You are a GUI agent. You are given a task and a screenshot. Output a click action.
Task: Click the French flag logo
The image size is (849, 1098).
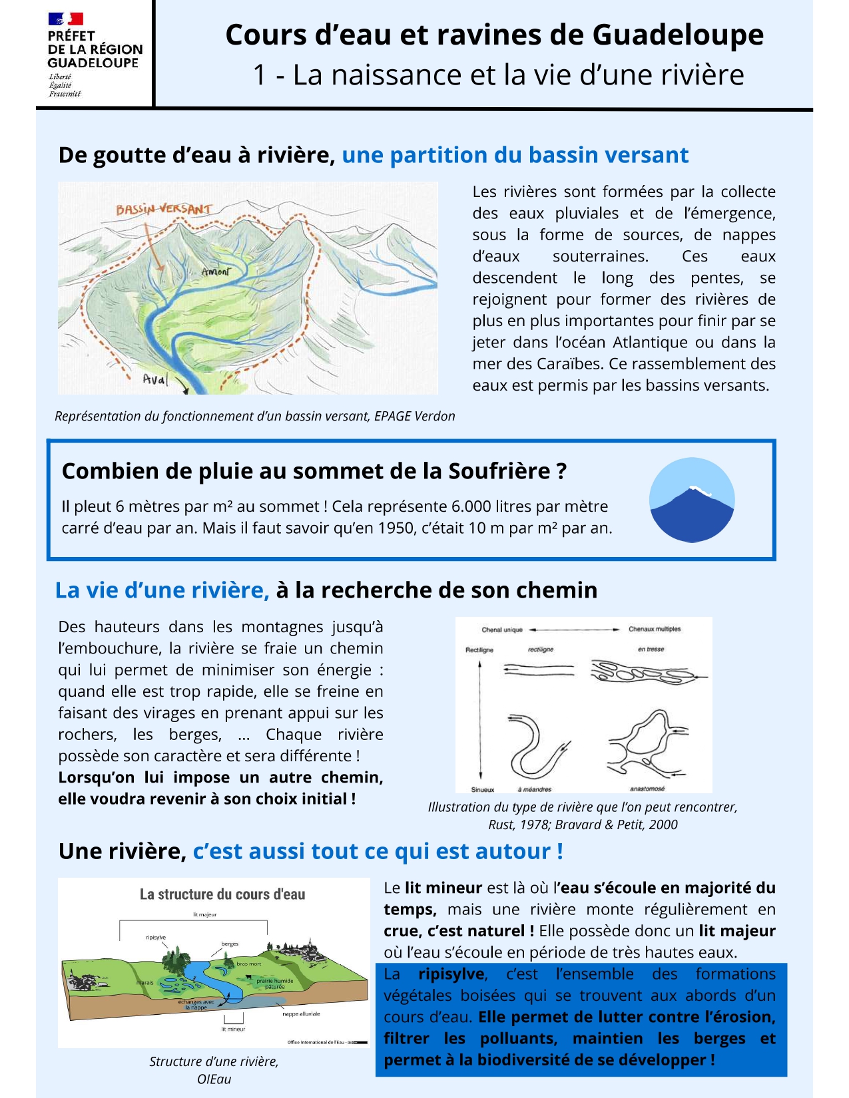point(65,19)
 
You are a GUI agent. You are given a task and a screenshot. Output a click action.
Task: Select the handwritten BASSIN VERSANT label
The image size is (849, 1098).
point(164,209)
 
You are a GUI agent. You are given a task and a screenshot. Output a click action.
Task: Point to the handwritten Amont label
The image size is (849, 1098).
point(216,272)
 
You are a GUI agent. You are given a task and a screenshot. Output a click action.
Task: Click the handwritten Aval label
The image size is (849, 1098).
point(155,379)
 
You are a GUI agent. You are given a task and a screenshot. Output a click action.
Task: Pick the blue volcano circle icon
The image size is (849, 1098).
point(692,500)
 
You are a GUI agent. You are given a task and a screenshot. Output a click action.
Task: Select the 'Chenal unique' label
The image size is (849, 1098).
point(502,630)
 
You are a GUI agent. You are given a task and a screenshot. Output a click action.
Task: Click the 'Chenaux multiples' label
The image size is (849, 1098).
point(655,629)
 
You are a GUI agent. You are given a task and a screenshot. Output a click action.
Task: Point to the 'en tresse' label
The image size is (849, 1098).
point(651,649)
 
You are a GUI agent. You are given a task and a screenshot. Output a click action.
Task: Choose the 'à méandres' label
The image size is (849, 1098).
point(535,789)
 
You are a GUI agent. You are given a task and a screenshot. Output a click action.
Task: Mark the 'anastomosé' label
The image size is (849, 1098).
point(647,789)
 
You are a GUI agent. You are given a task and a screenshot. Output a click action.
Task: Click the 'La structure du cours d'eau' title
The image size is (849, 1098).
point(222,894)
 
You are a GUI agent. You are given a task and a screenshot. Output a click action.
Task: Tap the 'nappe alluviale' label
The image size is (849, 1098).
point(301,1014)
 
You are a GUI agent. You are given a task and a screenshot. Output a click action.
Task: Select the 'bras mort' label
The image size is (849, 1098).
point(249,964)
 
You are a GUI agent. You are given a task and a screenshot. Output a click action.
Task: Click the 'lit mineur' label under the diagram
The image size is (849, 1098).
point(233,1029)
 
